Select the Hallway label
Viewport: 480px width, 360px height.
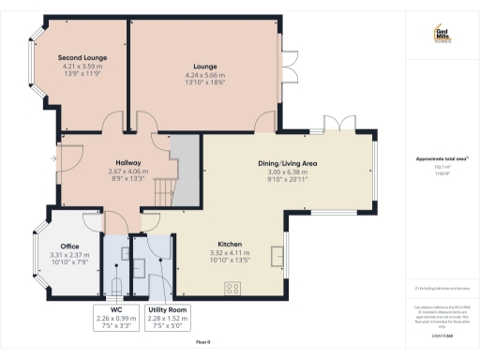pyautogui.click(x=127, y=162)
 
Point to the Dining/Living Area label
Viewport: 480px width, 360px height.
pyautogui.click(x=289, y=164)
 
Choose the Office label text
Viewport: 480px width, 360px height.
pyautogui.click(x=70, y=245)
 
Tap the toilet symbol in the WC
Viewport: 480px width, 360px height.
pyautogui.click(x=115, y=286)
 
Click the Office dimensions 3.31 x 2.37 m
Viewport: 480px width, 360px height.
pyautogui.click(x=70, y=255)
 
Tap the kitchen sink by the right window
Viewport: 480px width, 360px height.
pyautogui.click(x=277, y=255)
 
